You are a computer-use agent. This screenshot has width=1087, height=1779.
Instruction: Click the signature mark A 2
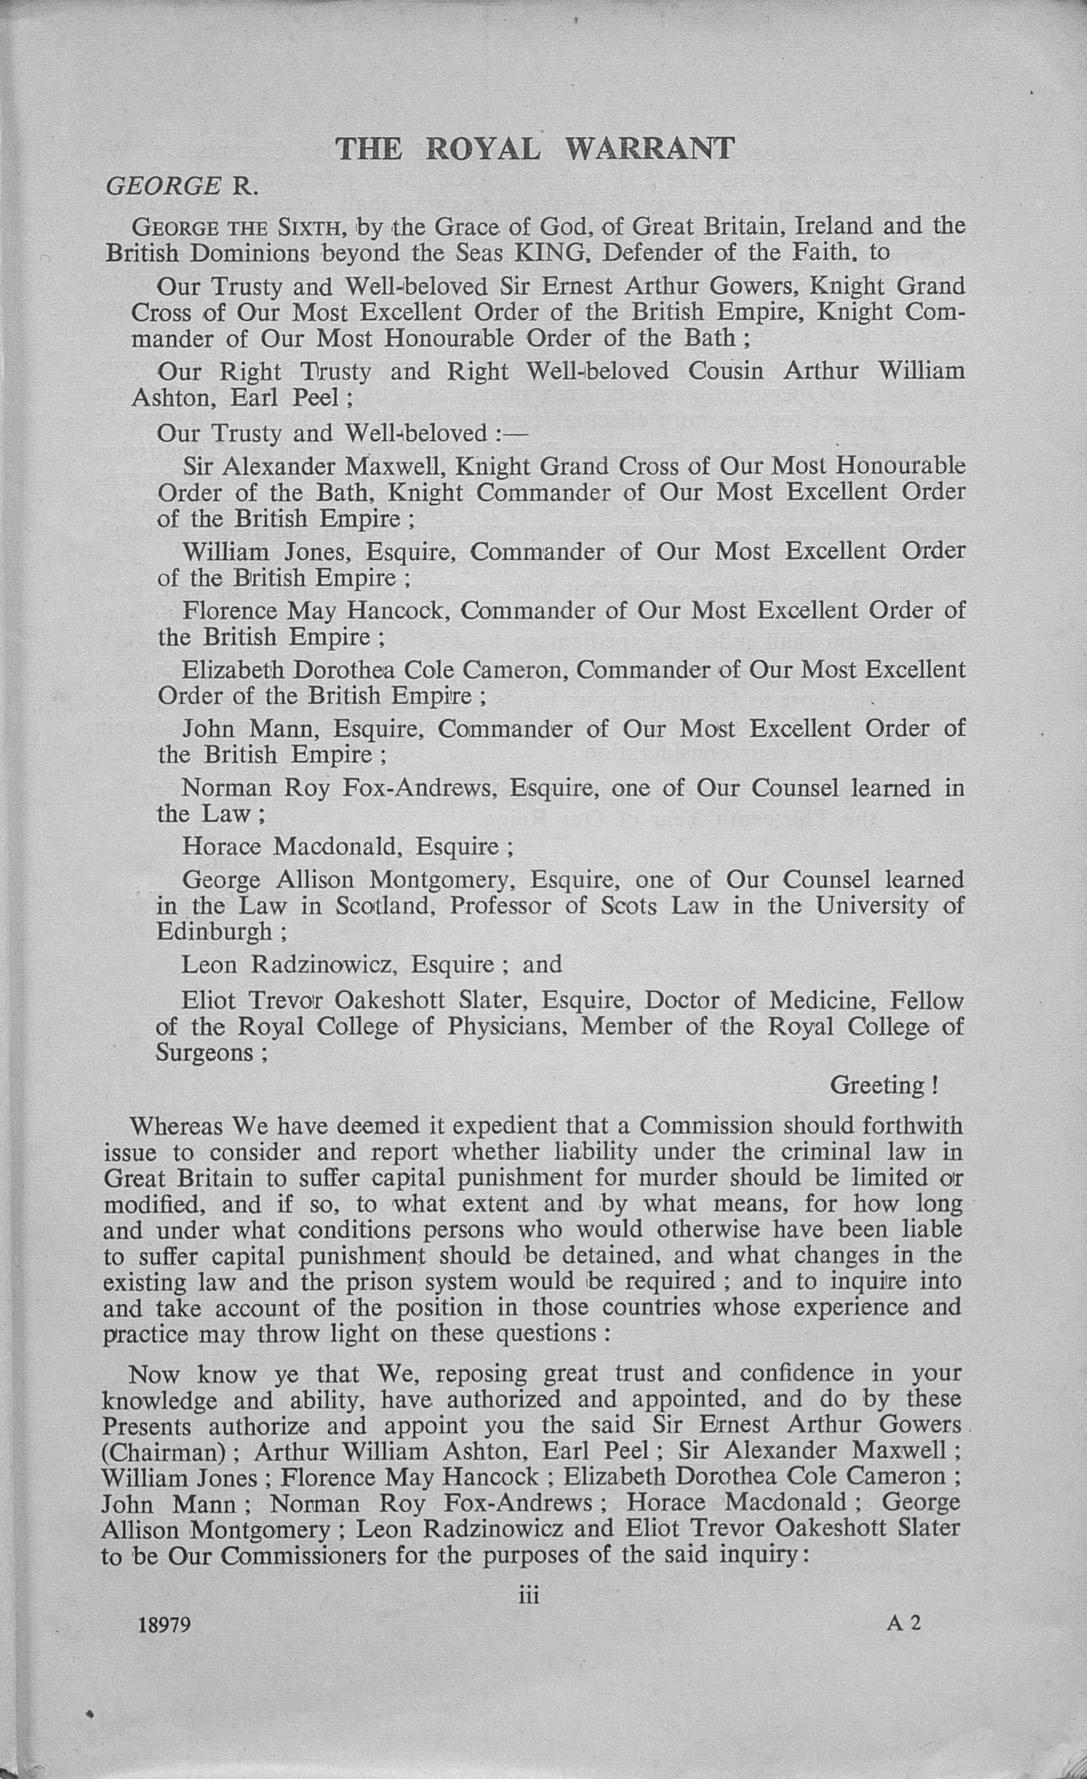(904, 1623)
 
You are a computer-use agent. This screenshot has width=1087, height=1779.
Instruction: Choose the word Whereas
(177, 1126)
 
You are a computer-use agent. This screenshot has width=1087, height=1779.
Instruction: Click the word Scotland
(384, 905)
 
